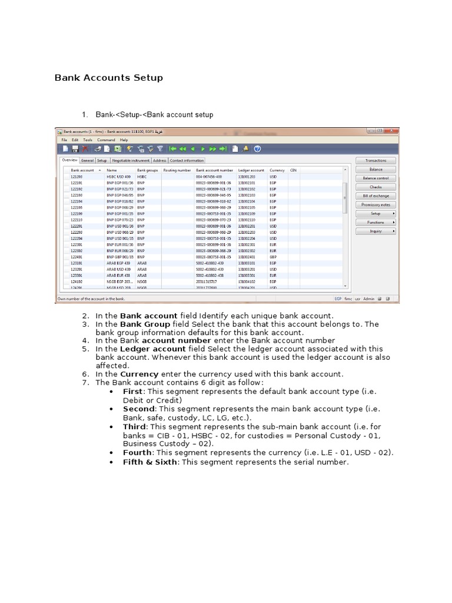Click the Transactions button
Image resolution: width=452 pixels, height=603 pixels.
coord(375,160)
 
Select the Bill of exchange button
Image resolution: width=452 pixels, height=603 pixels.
coord(375,196)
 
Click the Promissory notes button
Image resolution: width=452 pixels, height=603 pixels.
coord(375,204)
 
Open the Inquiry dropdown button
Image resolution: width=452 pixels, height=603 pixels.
coord(375,231)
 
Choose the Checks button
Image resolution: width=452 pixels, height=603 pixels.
coord(375,187)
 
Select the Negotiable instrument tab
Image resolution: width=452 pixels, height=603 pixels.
coord(130,160)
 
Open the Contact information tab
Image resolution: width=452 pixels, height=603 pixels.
coord(187,160)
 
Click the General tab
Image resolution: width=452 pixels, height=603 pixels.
coord(87,160)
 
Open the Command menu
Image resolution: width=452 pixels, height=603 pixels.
coord(107,140)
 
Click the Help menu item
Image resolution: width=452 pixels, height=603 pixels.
coord(124,140)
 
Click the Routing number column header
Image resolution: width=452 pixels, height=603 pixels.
coord(177,170)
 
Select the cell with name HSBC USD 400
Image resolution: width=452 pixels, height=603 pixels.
coord(118,177)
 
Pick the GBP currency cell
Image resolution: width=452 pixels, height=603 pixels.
coord(273,257)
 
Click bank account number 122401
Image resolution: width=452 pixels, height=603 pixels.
coord(77,257)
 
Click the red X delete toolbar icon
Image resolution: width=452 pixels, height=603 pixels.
coord(85,150)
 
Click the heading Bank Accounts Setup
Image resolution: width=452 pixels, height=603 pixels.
coord(109,78)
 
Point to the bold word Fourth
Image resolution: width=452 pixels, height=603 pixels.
coord(137,452)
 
